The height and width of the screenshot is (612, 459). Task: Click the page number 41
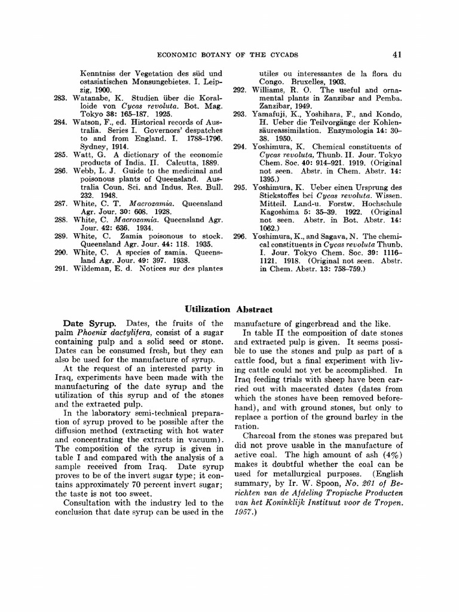coord(397,55)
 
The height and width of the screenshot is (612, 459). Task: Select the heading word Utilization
coord(207,309)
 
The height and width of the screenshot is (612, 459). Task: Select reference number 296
coord(240,237)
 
